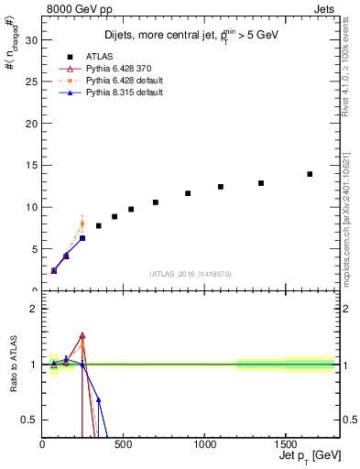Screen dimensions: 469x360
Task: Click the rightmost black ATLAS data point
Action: [310, 174]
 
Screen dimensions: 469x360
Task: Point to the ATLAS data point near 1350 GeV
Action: [261, 183]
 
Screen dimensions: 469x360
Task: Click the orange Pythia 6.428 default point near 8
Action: [82, 224]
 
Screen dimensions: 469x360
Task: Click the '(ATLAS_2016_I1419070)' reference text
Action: [191, 273]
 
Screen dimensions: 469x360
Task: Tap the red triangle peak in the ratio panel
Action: [82, 336]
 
